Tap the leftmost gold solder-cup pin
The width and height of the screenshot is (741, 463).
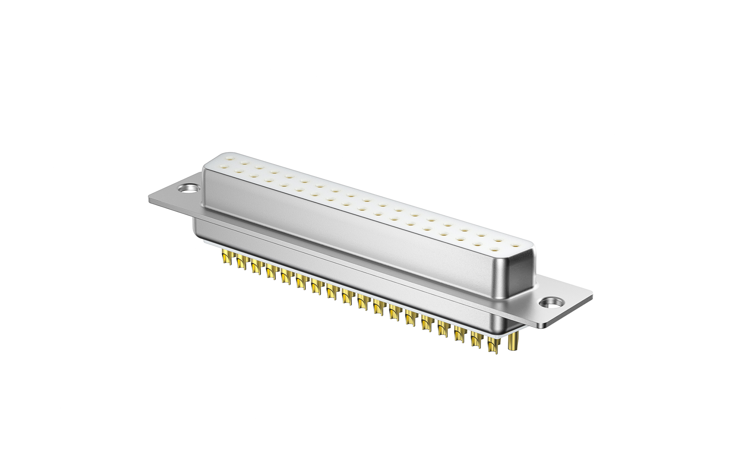click(225, 257)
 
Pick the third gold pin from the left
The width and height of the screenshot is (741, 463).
click(255, 266)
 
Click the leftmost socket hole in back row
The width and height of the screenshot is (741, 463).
click(231, 158)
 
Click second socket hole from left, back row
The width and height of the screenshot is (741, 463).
click(244, 162)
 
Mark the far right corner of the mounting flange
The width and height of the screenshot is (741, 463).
click(591, 295)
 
